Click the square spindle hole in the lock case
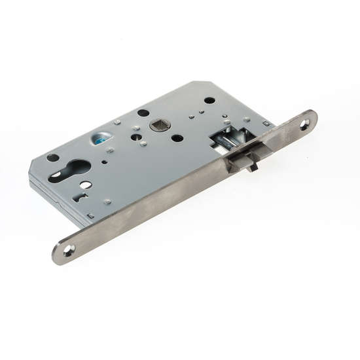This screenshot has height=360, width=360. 159,124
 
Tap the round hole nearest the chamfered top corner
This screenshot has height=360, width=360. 209,100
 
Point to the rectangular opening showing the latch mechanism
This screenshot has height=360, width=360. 226,137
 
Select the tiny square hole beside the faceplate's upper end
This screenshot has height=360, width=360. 265,123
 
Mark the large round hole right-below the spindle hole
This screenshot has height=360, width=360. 177,138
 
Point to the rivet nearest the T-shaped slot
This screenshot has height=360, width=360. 107,202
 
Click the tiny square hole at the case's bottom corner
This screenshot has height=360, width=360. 91,215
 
